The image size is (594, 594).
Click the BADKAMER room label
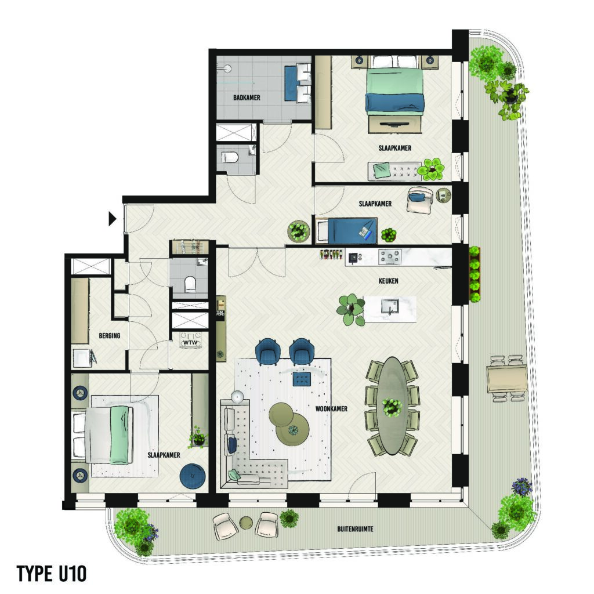pos(247,97)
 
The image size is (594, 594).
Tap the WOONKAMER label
pos(331,409)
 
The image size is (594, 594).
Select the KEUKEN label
pos(388,281)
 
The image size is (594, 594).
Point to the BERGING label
pos(110,336)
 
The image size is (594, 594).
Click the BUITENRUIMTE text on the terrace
pos(356,529)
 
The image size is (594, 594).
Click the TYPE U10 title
pos(52,574)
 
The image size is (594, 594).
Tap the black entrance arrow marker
pos(112,219)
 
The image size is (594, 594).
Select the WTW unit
pos(190,340)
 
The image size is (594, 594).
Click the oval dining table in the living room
pos(393,405)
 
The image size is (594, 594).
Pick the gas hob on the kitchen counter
pos(389,257)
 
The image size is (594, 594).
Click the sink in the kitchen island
pos(390,306)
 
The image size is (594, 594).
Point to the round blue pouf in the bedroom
pos(193,476)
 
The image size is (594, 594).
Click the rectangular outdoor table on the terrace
pos(507,379)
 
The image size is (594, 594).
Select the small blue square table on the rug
pos(302,379)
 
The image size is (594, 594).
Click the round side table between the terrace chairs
pos(247,523)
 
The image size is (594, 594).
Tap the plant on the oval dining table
pos(392,407)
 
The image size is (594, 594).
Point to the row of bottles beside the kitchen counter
pos(332,254)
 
